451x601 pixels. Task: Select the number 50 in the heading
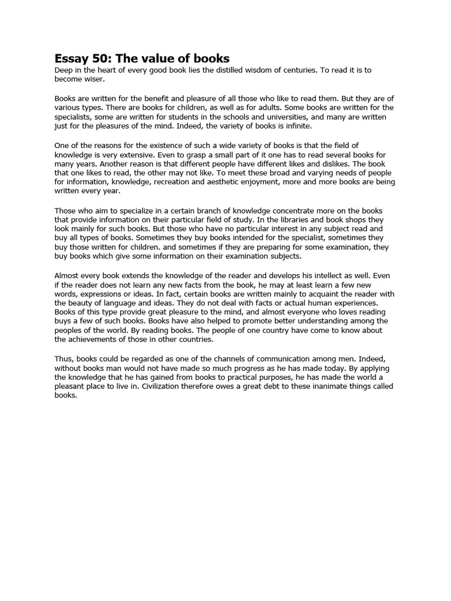pyautogui.click(x=103, y=58)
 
